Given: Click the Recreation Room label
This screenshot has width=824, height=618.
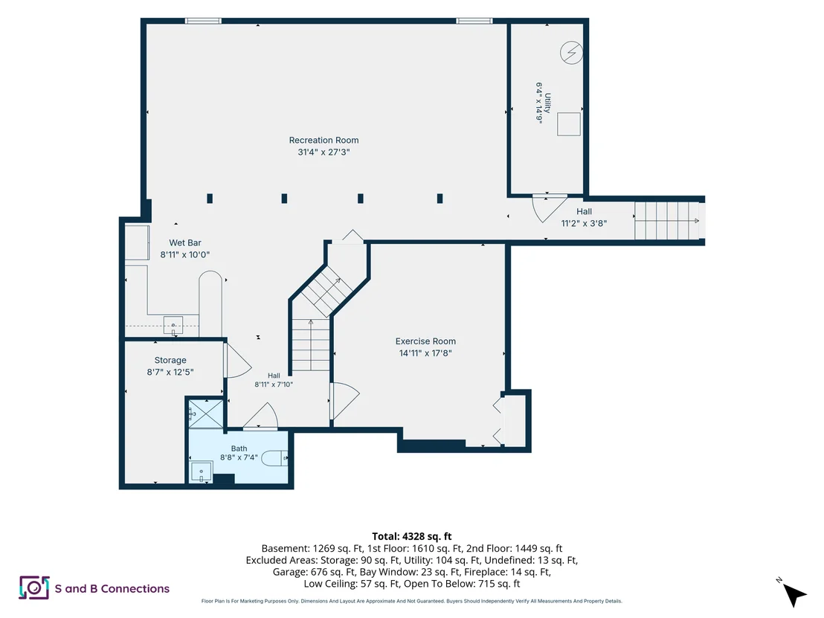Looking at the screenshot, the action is pyautogui.click(x=324, y=141).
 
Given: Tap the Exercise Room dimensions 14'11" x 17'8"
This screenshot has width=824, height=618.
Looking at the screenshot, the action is pyautogui.click(x=425, y=353).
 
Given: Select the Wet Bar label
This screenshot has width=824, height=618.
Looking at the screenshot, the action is pyautogui.click(x=185, y=242).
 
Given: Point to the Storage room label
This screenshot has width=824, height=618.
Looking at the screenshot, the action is pyautogui.click(x=170, y=360).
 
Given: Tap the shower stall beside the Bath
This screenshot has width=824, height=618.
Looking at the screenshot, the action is pyautogui.click(x=206, y=413).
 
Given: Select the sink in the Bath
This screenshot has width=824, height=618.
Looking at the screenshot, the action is pyautogui.click(x=202, y=472).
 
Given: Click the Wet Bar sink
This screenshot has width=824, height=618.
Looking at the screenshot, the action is pyautogui.click(x=173, y=325).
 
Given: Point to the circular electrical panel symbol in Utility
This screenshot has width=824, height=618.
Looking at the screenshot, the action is pyautogui.click(x=571, y=53).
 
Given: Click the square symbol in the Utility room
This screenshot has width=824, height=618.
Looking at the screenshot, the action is pyautogui.click(x=569, y=124).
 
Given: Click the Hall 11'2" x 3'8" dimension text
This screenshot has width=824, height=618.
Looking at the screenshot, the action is pyautogui.click(x=584, y=223).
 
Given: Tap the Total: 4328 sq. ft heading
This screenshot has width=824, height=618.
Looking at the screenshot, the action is pyautogui.click(x=411, y=536).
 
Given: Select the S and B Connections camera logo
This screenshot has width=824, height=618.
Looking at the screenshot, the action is pyautogui.click(x=34, y=588).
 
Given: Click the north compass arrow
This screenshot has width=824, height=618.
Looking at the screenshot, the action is pyautogui.click(x=794, y=593).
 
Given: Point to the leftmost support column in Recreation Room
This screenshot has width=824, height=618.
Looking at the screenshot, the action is pyautogui.click(x=210, y=198).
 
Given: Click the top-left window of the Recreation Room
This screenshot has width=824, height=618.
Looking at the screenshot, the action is pyautogui.click(x=203, y=21).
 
